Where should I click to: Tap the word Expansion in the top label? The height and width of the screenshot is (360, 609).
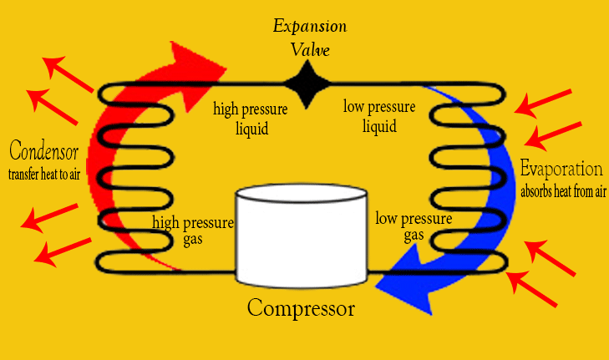click(x=310, y=26)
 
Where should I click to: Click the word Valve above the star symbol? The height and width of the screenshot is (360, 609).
click(x=310, y=49)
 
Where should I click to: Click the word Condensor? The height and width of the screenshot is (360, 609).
click(x=44, y=152)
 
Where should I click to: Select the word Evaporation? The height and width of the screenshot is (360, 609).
click(x=561, y=169)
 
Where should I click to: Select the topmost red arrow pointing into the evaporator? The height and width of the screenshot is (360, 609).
click(x=544, y=102)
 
